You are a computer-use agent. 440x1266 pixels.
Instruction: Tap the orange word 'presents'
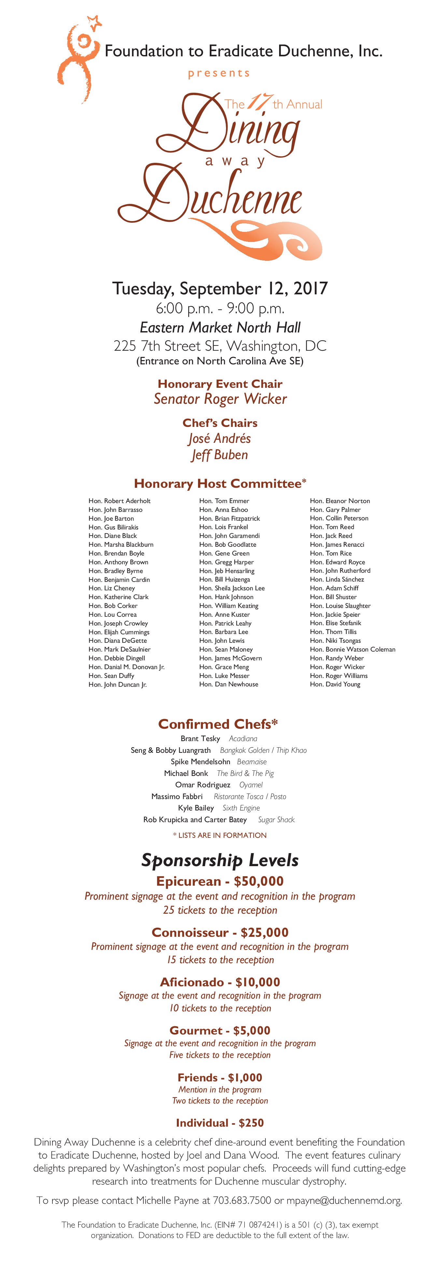pyautogui.click(x=219, y=73)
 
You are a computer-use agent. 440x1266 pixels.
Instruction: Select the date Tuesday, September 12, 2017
pyautogui.click(x=220, y=288)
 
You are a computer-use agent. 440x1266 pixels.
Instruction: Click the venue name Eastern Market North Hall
pyautogui.click(x=220, y=327)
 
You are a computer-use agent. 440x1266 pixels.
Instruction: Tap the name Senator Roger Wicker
pyautogui.click(x=220, y=399)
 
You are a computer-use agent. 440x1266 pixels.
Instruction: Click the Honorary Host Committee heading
pyautogui.click(x=220, y=484)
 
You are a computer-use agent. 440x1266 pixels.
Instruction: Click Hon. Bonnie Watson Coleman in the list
pyautogui.click(x=352, y=649)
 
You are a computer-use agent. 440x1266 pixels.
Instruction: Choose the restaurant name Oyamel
pyautogui.click(x=251, y=785)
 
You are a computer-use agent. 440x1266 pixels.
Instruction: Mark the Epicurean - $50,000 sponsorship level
pyautogui.click(x=220, y=881)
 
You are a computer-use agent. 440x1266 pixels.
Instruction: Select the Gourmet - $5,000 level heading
pyautogui.click(x=220, y=1031)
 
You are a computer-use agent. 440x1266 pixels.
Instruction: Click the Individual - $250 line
pyautogui.click(x=220, y=1123)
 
